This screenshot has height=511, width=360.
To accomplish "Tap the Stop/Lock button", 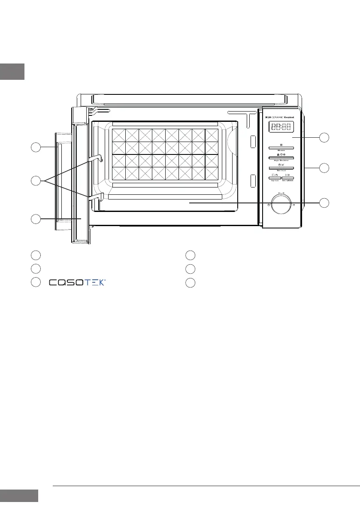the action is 274,177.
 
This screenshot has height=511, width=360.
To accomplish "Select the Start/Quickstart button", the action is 288,177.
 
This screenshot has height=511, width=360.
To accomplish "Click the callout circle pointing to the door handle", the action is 36,147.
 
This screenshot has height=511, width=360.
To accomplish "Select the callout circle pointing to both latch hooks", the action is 36,181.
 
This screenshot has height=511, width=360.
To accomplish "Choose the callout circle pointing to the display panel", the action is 325,137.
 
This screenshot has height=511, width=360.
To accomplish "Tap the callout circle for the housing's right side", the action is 325,168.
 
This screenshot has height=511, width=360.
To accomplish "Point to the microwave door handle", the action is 58,182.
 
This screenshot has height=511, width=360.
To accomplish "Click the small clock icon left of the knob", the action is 268,206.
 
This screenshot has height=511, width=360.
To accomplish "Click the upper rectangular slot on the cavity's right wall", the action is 253,142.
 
